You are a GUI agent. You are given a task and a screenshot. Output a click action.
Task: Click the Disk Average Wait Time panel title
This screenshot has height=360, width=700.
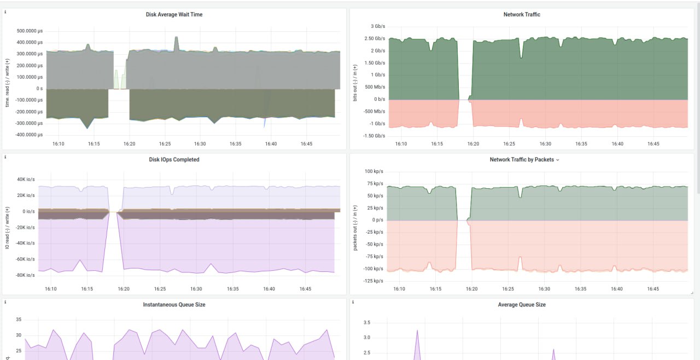point(174,14)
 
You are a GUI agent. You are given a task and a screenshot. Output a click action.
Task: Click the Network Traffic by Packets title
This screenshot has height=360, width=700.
point(522,159)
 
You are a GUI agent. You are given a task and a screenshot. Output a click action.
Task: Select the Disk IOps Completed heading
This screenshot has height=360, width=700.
point(174,159)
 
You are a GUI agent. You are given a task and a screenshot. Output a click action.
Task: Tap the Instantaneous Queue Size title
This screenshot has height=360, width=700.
point(174,304)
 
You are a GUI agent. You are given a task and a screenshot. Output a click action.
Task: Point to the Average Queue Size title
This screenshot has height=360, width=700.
point(522,304)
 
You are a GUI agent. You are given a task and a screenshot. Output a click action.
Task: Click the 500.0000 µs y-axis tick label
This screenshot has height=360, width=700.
point(30,31)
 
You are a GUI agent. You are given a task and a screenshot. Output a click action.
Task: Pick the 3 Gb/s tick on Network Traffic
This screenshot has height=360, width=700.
point(378,26)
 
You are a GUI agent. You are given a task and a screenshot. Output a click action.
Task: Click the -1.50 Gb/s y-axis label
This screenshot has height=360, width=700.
point(374,136)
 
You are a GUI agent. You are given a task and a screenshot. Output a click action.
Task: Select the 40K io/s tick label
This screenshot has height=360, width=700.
point(26,179)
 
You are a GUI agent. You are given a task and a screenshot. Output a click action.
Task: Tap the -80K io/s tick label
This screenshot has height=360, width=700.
point(25,275)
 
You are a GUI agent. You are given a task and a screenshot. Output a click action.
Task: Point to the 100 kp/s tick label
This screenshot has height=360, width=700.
point(374,171)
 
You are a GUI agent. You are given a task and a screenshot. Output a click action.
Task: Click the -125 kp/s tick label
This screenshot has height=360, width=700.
point(373,281)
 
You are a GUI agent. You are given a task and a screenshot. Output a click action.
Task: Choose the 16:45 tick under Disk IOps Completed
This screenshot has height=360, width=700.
point(305,289)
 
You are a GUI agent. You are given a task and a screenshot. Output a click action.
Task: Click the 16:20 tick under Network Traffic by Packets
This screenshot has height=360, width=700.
point(471,289)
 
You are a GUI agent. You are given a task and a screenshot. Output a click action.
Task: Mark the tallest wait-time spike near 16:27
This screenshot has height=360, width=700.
point(176,37)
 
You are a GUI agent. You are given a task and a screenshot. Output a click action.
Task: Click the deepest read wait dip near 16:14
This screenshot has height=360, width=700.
point(87,128)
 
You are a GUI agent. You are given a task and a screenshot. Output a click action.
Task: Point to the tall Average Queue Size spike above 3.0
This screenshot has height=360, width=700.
point(417,330)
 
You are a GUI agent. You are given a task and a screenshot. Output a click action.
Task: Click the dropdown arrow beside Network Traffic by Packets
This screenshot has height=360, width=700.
point(558,160)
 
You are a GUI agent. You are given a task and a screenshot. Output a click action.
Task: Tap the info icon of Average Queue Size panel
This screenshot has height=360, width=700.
point(353,302)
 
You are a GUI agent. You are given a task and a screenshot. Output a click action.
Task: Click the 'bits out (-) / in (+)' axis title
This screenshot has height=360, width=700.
point(355,83)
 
